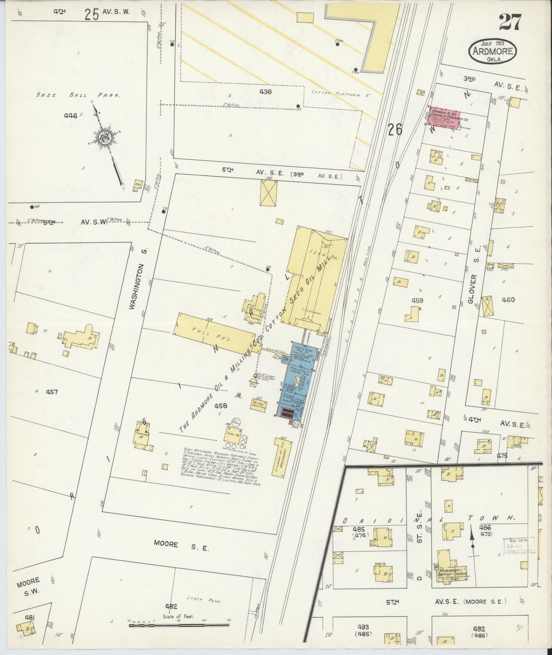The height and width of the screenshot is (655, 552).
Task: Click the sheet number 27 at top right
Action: point(510,23)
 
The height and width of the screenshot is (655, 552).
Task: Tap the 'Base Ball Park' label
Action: point(78,96)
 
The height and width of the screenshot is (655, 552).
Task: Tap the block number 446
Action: point(70,115)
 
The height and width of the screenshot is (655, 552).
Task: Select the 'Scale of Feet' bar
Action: point(179,625)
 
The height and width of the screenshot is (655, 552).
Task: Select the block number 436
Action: point(266,92)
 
